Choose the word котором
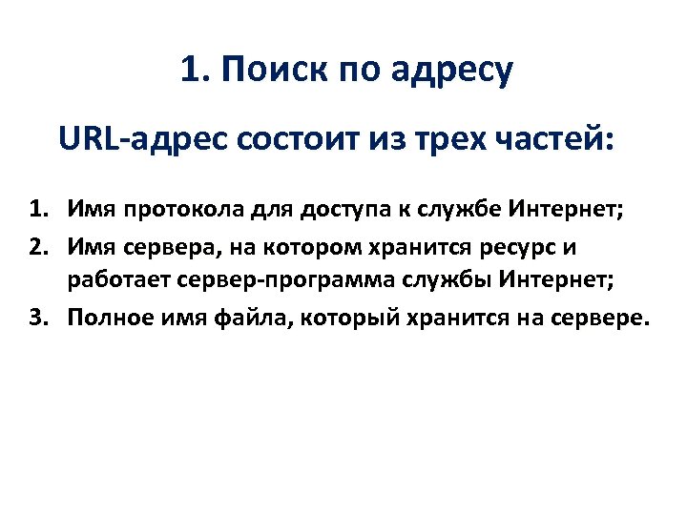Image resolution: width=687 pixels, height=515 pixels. tap(292, 247)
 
